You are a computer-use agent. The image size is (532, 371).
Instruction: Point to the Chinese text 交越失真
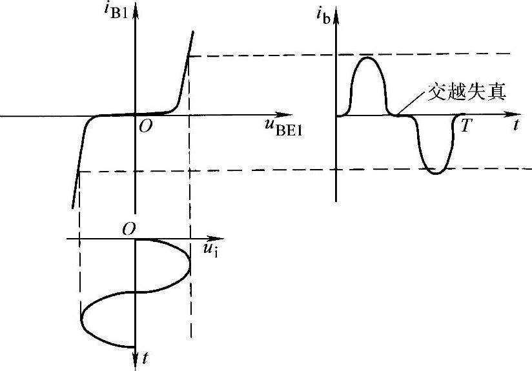[x=467, y=92]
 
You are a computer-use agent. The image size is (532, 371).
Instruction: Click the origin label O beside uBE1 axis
[x=146, y=127]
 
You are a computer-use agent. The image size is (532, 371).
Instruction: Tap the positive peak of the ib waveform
[x=368, y=58]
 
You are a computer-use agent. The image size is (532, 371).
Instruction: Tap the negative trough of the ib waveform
[x=436, y=173]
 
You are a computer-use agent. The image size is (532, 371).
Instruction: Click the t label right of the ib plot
[x=516, y=126]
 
